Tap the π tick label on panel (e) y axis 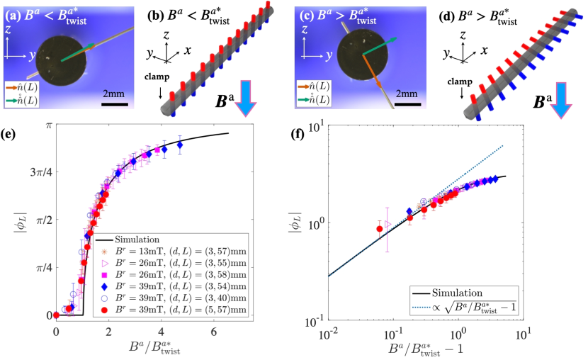coord(47,125)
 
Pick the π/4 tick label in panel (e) coord(44,268)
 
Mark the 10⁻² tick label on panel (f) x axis coord(327,332)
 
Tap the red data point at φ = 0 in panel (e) coord(57,315)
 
